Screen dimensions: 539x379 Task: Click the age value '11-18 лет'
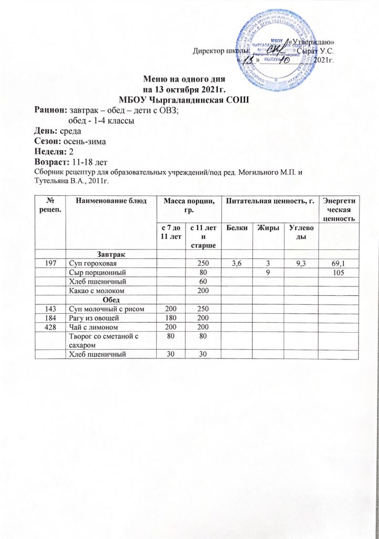click(87, 161)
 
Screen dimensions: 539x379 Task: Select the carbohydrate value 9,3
click(298, 263)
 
